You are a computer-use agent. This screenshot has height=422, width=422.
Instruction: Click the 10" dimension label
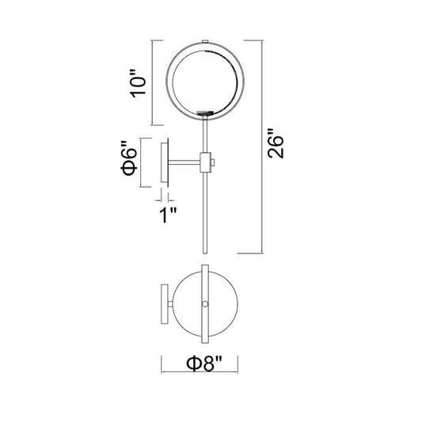pos(138,83)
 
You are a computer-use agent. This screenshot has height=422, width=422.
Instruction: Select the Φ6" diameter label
pos(128,158)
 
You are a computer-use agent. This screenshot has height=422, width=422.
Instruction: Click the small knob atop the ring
pos(205,41)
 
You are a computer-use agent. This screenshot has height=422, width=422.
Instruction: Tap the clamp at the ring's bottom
pos(205,113)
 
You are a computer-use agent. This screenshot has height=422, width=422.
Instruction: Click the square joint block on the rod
pos(205,162)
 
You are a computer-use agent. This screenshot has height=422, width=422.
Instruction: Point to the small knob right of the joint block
pos(213,162)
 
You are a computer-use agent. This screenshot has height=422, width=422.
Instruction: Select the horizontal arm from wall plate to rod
pos(184,162)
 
